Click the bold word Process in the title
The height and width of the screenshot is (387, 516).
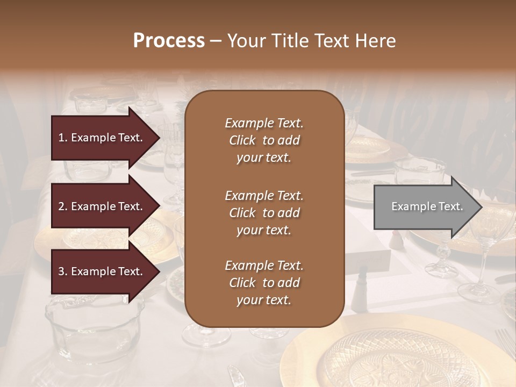coord(169,41)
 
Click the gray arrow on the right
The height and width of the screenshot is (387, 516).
coord(425,206)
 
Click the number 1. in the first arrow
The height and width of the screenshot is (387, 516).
coord(63,138)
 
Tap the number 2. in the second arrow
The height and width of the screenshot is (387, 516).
coord(63,206)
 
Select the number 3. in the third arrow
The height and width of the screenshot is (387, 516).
coord(63,272)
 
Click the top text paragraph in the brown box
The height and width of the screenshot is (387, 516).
coord(264,140)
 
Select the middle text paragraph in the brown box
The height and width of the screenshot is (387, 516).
coord(264,213)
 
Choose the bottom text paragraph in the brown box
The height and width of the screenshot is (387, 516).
coord(264,283)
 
